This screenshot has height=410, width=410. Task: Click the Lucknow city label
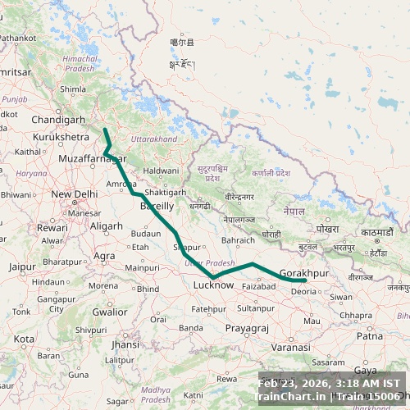coord(213,285)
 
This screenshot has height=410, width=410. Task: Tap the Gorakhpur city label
coord(303,272)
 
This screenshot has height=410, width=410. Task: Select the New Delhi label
coord(75,194)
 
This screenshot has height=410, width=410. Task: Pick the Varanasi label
coord(290,348)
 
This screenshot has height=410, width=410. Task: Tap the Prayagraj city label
coord(247,328)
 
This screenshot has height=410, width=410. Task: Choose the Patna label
coord(370,335)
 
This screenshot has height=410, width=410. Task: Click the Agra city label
coord(104,256)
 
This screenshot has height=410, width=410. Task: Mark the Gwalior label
coord(109,312)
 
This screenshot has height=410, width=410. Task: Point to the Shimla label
coord(73,89)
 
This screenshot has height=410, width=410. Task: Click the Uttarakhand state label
coord(153,139)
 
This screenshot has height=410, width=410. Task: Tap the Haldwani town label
coord(160,171)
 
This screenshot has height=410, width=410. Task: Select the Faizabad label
coord(259,286)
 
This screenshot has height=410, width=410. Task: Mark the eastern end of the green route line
coord(305,280)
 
